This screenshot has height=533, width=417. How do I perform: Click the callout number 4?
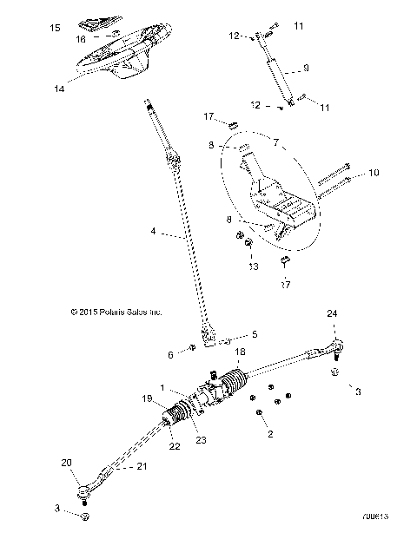pyautogui.click(x=153, y=232)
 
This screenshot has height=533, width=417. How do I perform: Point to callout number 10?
pyautogui.click(x=374, y=173)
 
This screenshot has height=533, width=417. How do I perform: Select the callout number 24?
pyautogui.click(x=331, y=313)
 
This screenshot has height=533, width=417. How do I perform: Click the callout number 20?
pyautogui.click(x=66, y=464)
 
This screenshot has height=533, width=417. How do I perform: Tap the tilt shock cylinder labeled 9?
pyautogui.click(x=280, y=74)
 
